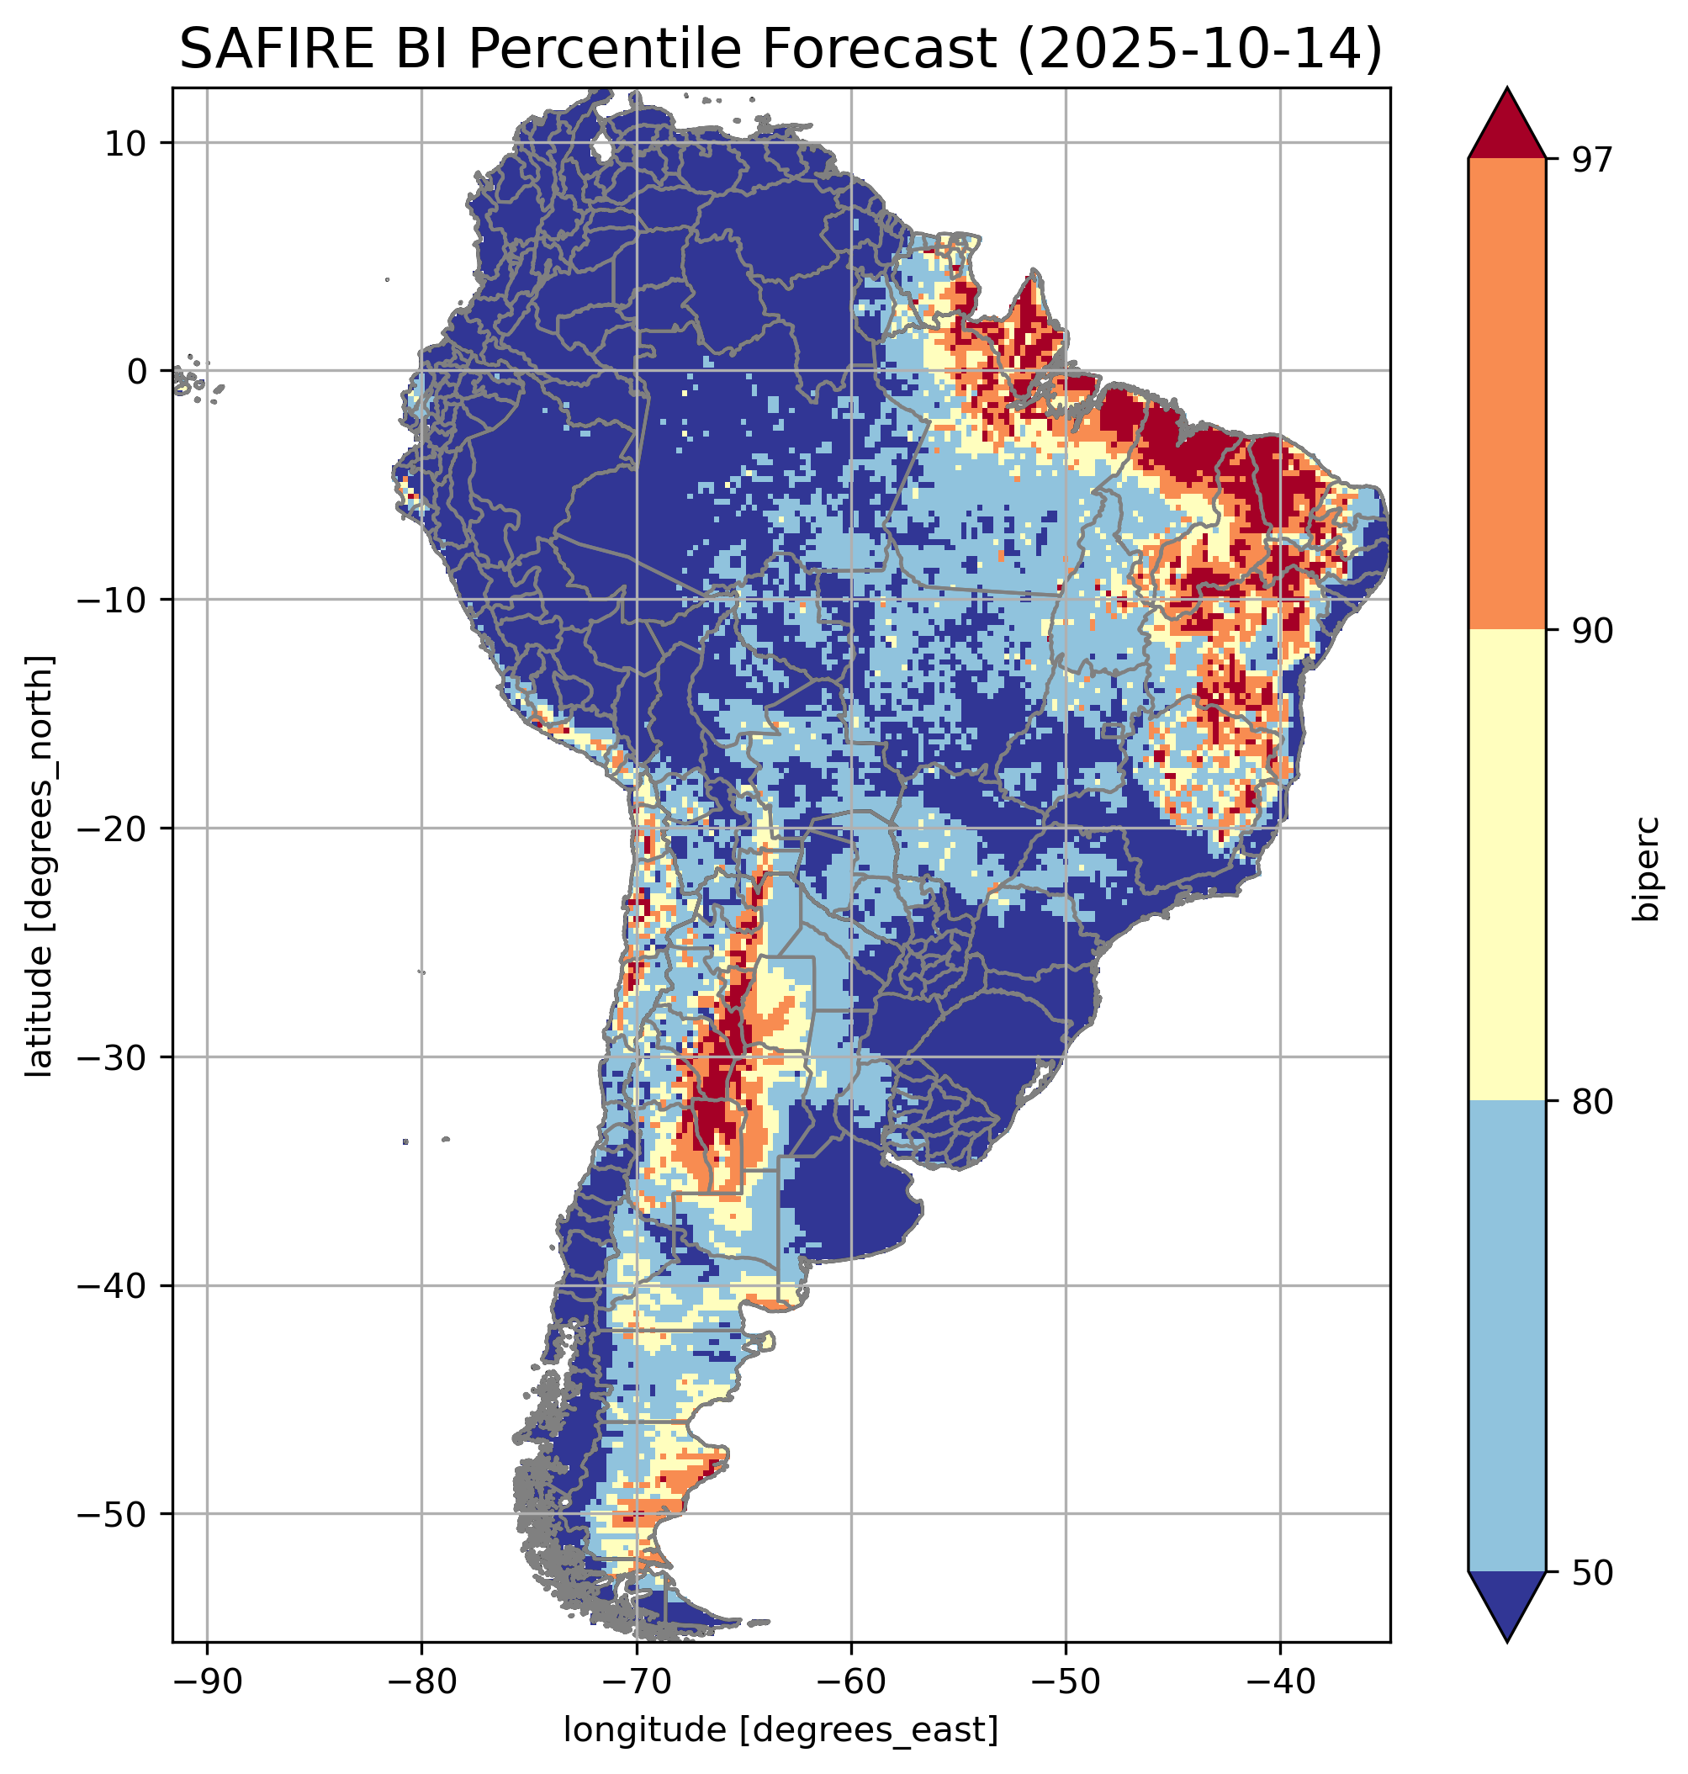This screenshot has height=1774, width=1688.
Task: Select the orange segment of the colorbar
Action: point(1506,395)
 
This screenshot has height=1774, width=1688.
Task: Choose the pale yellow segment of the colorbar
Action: point(1506,864)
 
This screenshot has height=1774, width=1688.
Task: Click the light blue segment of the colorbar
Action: point(1506,1337)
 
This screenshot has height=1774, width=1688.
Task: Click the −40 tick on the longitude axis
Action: point(1279,1681)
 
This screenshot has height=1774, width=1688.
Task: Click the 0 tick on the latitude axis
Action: point(137,371)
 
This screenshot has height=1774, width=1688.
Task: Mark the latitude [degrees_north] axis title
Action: point(39,866)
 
